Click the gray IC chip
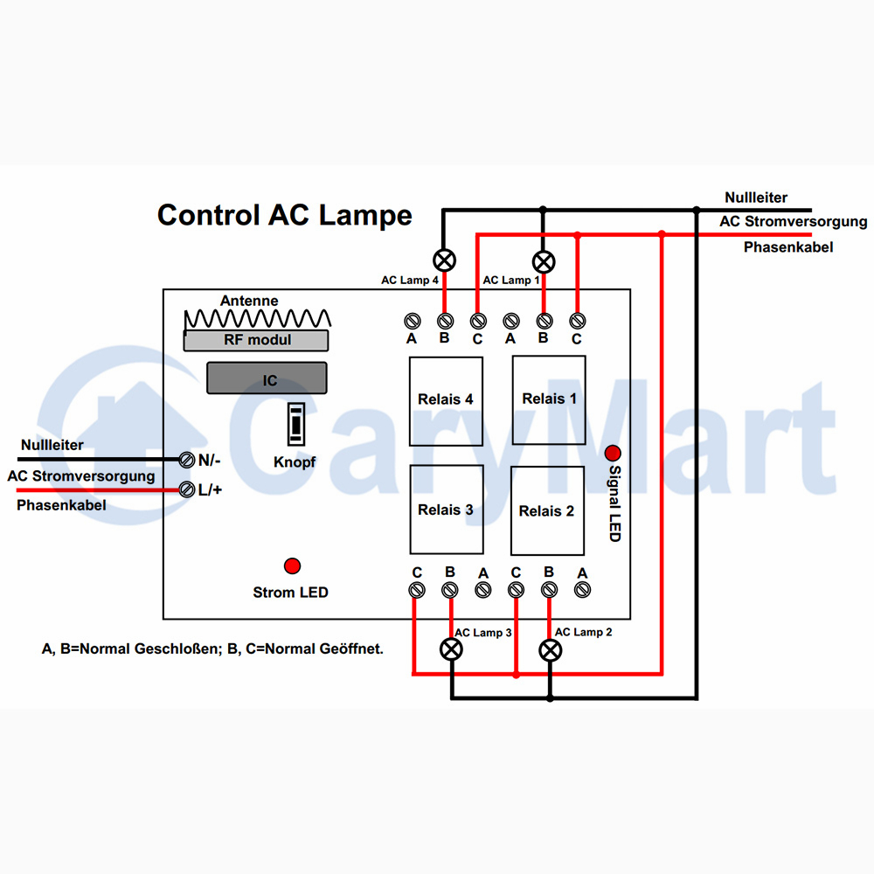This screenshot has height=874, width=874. tap(267, 378)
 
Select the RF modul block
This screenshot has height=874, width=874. tap(256, 340)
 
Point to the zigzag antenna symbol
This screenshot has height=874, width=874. tap(258, 319)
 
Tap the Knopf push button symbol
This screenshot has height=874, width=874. tap(296, 424)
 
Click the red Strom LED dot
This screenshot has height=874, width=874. tap(292, 565)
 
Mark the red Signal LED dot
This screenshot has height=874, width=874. tap(613, 453)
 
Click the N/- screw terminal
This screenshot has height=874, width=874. tap(187, 460)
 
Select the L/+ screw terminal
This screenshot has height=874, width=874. tap(187, 490)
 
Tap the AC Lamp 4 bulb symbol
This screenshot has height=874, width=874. tap(444, 260)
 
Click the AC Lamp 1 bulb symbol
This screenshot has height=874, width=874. tap(544, 262)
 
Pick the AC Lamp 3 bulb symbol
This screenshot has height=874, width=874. tap(452, 649)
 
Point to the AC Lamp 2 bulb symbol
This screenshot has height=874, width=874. tap(550, 650)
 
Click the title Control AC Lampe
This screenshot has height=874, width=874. tap(285, 216)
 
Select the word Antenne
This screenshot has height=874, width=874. tap(249, 301)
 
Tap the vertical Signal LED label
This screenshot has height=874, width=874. tap(614, 503)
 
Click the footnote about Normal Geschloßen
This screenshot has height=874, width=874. tap(212, 649)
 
